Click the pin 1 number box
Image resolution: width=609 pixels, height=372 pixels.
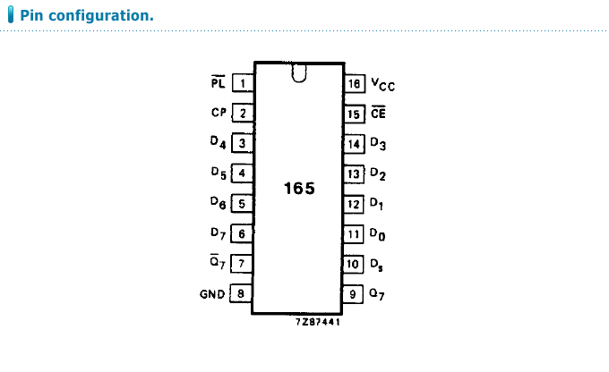242,83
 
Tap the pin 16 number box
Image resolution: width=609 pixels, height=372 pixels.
355,84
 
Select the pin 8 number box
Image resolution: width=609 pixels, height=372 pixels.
242,293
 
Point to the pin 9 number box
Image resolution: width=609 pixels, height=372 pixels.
355,293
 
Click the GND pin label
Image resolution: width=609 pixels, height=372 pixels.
212,293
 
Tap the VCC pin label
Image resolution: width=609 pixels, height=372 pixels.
382,85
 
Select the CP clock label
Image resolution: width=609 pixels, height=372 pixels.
219,114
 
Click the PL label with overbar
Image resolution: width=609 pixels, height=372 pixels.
219,83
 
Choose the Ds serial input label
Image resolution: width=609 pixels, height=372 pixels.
378,265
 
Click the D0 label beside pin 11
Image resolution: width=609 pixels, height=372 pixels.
378,234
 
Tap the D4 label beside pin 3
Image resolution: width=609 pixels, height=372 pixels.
219,143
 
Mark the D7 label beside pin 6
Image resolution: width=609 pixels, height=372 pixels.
219,234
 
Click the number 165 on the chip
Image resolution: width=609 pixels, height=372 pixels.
298,190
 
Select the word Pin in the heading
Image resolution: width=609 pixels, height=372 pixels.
33,16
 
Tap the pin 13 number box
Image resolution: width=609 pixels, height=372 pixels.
355,173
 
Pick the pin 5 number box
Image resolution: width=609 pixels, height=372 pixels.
242,204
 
